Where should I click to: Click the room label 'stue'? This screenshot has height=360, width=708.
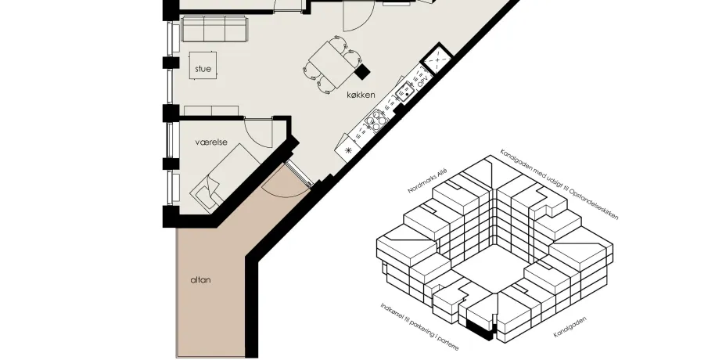point(203,69)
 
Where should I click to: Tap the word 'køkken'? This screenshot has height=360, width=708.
point(361,95)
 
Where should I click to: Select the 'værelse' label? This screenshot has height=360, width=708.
point(211,142)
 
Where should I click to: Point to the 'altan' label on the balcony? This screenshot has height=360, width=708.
point(200,280)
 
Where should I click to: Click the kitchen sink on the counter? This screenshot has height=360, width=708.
point(406,92)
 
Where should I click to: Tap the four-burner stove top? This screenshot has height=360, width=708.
point(376,121)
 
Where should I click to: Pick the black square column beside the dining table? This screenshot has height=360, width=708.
point(362,71)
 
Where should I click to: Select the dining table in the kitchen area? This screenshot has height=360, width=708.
point(332,64)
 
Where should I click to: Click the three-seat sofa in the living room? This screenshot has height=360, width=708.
point(214,28)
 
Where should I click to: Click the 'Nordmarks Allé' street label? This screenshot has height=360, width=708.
point(427,180)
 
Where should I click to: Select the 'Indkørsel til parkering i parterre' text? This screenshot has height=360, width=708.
point(419,326)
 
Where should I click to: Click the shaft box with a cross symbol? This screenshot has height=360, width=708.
point(437,59)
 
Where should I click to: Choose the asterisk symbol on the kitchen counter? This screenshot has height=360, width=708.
point(348,150)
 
